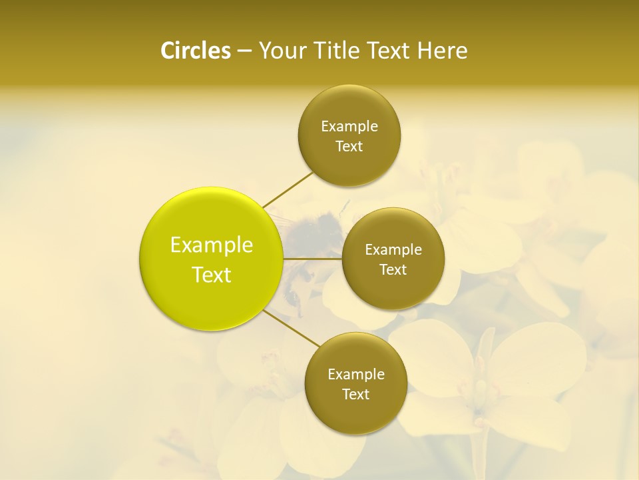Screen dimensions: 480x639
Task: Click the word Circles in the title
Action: [195, 51]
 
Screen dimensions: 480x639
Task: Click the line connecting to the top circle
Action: [288, 189]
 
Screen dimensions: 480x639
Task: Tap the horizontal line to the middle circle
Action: [312, 258]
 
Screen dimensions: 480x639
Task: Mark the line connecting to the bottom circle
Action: [292, 329]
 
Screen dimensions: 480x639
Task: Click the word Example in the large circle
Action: [212, 245]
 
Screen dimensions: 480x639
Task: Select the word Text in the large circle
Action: [212, 275]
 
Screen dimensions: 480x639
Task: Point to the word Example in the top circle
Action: [349, 126]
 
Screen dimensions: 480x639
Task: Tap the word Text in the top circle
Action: [349, 146]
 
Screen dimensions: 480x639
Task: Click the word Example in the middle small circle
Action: [393, 249]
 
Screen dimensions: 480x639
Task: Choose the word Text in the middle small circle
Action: [393, 269]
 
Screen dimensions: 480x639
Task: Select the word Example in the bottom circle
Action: [355, 374]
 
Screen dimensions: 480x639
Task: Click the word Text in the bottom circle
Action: [355, 394]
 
